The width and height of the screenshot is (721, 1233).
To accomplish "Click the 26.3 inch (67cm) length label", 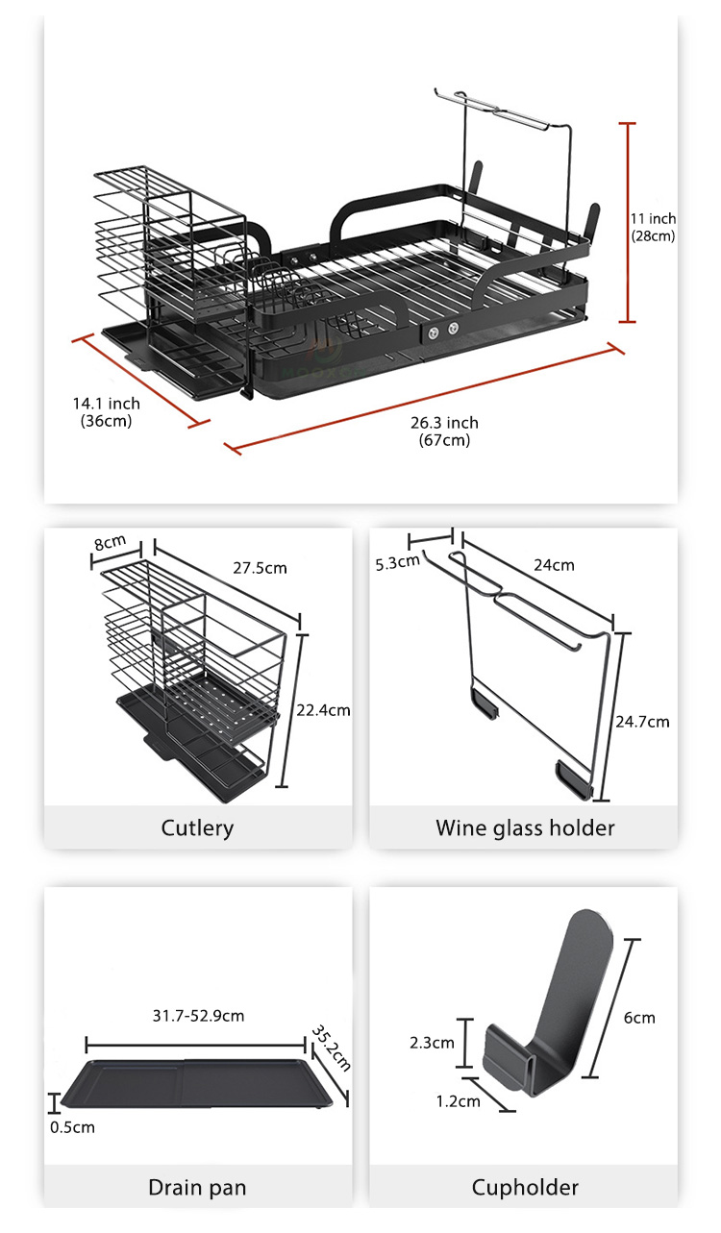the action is tap(444, 431).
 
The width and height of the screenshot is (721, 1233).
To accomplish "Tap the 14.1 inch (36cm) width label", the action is tap(107, 411).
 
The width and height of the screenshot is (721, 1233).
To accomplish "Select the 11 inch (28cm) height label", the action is tap(654, 227).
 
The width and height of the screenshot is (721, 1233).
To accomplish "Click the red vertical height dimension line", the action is tap(627, 222).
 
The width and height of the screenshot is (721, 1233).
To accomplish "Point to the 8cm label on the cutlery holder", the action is tap(110, 542).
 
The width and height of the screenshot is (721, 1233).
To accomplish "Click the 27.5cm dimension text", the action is tap(260, 568).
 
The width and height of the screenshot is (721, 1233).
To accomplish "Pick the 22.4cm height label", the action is tap(323, 710).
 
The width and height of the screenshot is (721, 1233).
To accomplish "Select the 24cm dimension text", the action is tap(554, 565).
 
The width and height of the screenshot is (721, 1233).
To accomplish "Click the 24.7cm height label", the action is tap(642, 722).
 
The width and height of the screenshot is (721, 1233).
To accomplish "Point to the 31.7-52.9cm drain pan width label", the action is tap(198, 1016).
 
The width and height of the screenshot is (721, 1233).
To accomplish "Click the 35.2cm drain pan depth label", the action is tap(331, 1048).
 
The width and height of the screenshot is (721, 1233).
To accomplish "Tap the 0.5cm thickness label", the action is tap(72, 1127).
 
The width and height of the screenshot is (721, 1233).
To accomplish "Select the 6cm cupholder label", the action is tap(639, 1018).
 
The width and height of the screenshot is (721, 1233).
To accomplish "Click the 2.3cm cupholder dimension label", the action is tap(432, 1043).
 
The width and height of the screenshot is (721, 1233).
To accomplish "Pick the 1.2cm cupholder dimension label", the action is tap(458, 1101).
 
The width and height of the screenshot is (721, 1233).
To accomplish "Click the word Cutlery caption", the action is tap(197, 828).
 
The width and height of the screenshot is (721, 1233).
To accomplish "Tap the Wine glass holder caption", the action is tap(525, 827).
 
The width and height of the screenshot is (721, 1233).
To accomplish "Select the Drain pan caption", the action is tap(197, 1187).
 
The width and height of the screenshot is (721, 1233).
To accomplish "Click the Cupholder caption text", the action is tap(525, 1187).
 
